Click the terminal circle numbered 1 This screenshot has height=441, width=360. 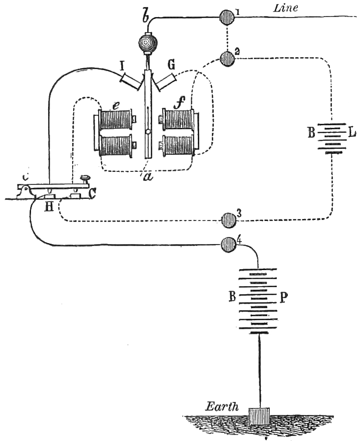click(x=228, y=17)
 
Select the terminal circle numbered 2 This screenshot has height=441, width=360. click(x=228, y=59)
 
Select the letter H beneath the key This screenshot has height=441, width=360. click(x=49, y=206)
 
